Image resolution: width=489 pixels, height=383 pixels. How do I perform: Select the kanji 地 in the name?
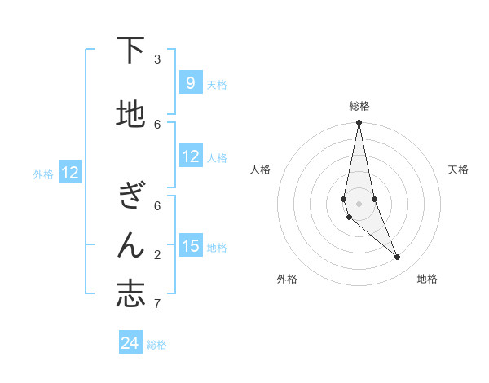pyautogui.click(x=130, y=115)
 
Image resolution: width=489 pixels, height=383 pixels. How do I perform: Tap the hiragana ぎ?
pyautogui.click(x=130, y=196)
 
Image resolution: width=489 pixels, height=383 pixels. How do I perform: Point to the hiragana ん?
pyautogui.click(x=130, y=244)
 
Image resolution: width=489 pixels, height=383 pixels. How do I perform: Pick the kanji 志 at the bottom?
pyautogui.click(x=130, y=294)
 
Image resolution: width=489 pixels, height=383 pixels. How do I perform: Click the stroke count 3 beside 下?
pyautogui.click(x=157, y=59)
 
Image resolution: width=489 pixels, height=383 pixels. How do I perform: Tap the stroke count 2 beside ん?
pyautogui.click(x=157, y=255)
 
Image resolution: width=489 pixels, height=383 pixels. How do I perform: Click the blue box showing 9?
pyautogui.click(x=191, y=82)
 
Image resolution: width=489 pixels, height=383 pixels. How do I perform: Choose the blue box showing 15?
pyautogui.click(x=191, y=245)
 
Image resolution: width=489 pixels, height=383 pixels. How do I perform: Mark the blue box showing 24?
pyautogui.click(x=130, y=343)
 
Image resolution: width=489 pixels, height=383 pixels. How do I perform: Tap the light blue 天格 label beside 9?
pyautogui.click(x=217, y=84)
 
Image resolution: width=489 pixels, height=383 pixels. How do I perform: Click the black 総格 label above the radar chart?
pyautogui.click(x=359, y=106)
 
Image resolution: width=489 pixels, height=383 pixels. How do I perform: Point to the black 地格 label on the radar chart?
pyautogui.click(x=427, y=279)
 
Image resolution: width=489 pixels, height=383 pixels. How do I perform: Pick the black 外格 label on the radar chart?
pyautogui.click(x=287, y=279)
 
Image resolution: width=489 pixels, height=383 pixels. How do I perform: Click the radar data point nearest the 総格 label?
pyautogui.click(x=359, y=123)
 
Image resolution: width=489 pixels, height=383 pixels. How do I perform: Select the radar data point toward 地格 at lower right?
pyautogui.click(x=398, y=258)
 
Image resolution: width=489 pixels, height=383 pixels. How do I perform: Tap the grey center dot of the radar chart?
pyautogui.click(x=359, y=203)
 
